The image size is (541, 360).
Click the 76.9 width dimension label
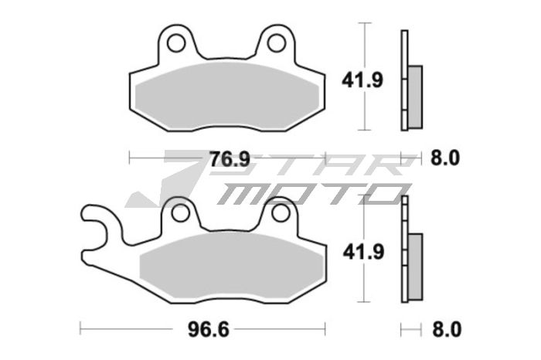(230, 159)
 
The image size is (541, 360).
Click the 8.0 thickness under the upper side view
(444, 159)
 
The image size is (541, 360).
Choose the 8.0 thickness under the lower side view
(444, 329)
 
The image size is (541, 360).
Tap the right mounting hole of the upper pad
(275, 42)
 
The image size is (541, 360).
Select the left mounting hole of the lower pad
(180, 212)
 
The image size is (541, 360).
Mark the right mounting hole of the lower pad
(281, 212)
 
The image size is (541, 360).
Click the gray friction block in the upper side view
(415, 96)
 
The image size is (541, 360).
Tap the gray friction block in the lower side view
(415, 267)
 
